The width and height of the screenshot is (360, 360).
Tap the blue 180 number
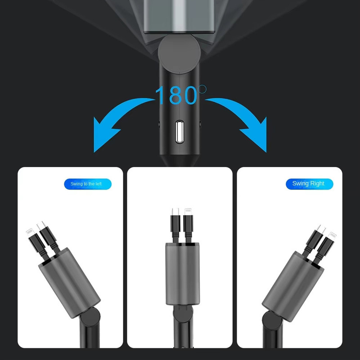coord(176,95)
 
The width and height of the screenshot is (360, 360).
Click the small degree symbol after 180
coord(202,89)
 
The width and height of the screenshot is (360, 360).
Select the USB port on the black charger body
coord(180,131)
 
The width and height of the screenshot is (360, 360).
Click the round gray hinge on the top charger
coord(179,54)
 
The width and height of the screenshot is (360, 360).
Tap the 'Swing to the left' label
coord(87,184)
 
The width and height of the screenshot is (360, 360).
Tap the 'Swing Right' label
coord(309,184)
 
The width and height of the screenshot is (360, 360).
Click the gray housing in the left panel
coord(69,283)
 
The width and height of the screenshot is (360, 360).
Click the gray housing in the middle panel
coord(183,274)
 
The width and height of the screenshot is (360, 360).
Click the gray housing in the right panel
coord(293,286)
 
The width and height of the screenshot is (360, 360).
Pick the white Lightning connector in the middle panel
coord(188,211)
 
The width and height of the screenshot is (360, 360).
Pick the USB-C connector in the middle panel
coord(175,211)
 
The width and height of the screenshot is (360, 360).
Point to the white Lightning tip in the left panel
coord(30,232)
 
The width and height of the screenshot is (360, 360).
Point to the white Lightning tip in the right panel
coord(332,236)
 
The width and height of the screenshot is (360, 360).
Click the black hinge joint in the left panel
coord(90,317)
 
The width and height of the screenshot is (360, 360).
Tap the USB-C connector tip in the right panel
coord(321,229)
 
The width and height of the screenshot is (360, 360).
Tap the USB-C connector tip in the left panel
coord(41,225)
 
